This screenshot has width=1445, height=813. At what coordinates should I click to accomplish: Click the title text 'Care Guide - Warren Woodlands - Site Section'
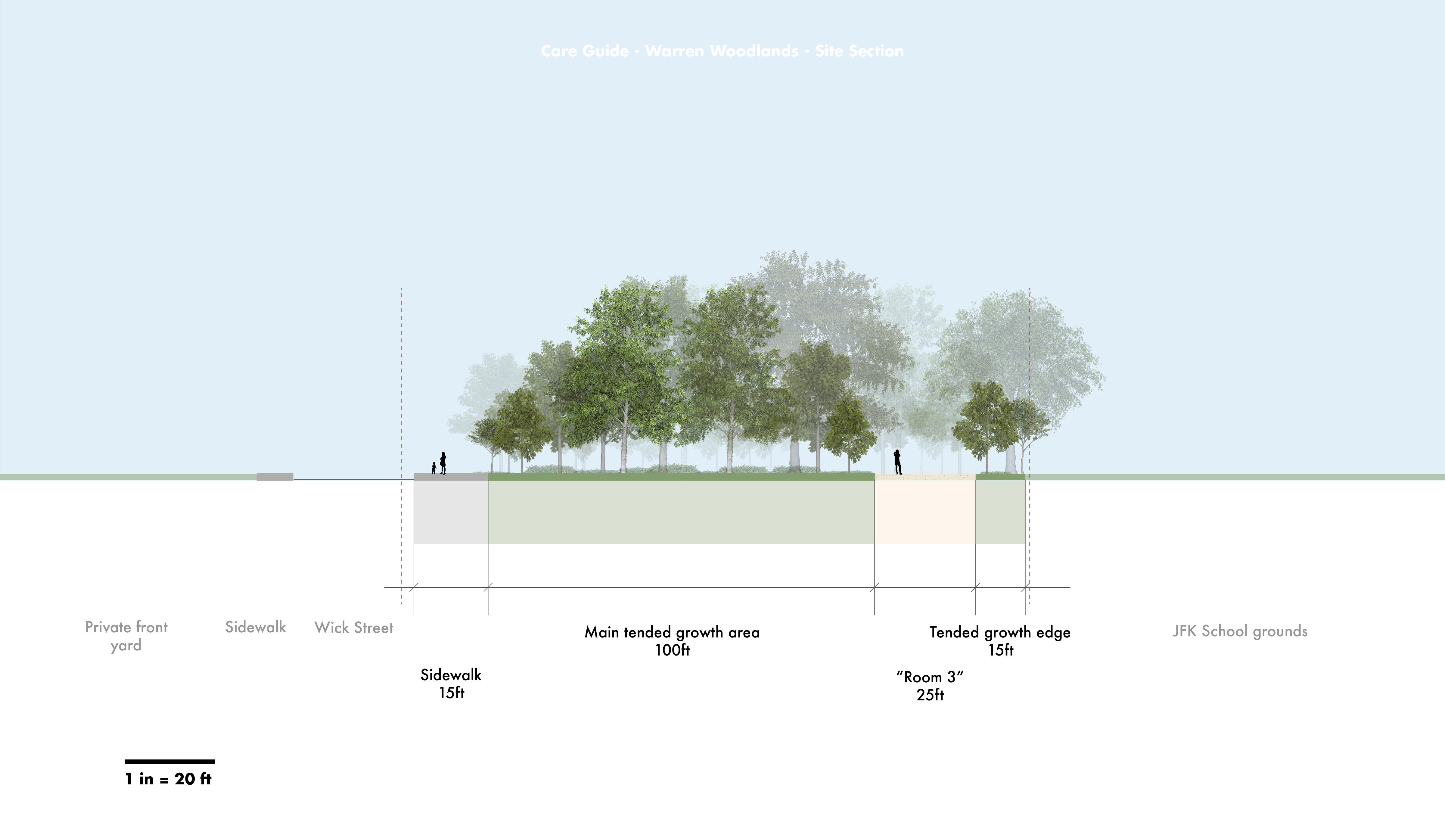(x=722, y=51)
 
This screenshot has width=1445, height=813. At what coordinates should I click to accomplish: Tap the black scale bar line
(x=169, y=762)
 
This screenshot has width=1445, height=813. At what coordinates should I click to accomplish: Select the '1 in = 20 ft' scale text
(x=168, y=779)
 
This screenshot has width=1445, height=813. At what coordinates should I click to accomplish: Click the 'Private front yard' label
(x=126, y=636)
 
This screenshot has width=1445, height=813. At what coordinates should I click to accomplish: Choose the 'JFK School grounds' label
(x=1240, y=631)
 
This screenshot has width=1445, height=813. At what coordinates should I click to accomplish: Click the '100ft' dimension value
(x=672, y=650)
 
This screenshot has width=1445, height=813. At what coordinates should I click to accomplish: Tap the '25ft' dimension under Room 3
(x=930, y=695)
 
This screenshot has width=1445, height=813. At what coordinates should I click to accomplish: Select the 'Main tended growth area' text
(x=672, y=632)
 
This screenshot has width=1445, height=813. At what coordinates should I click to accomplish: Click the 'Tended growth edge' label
(x=999, y=632)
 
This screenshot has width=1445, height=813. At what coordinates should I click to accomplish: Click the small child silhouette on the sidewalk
(x=433, y=468)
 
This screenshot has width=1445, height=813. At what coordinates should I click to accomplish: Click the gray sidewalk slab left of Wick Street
(x=275, y=477)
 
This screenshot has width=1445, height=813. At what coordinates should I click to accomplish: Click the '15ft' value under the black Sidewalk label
(x=452, y=693)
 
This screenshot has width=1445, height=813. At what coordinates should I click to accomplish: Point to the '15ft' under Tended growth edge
(x=1001, y=650)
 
